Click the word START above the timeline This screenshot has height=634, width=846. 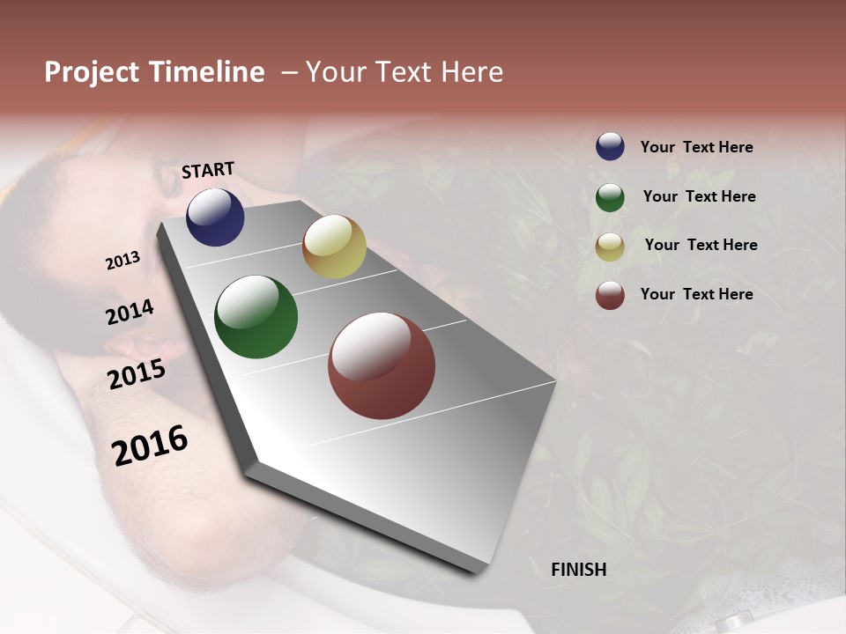point(208,170)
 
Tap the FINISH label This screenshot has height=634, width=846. point(578,570)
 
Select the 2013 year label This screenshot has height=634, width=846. point(122,261)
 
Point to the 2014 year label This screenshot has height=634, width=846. point(130,312)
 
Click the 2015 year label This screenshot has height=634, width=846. point(137,374)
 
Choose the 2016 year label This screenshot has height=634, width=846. point(150,446)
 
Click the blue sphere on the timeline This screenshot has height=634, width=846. point(215,217)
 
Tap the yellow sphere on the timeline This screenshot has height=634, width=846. point(334,247)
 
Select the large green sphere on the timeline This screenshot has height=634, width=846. point(256,317)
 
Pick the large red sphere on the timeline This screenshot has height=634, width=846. point(382,365)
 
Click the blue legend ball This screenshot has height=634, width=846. point(610,147)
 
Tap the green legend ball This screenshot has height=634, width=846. point(610,197)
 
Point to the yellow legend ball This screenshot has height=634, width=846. point(610,247)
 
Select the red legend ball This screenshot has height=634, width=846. point(610,295)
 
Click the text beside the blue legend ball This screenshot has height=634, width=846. point(696,147)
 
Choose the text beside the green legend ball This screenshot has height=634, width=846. point(699,196)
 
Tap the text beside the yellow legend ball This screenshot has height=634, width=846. point(701,245)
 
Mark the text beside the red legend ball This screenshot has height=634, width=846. point(696,294)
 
